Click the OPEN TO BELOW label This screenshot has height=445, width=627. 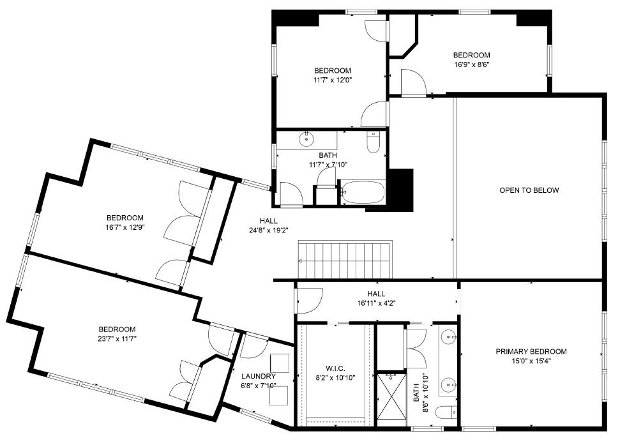(529, 190)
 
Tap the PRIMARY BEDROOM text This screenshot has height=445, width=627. (531, 352)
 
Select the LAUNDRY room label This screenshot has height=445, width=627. (259, 377)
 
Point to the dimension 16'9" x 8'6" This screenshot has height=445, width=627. (471, 64)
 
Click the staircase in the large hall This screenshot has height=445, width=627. (345, 260)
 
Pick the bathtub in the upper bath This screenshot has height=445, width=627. (362, 192)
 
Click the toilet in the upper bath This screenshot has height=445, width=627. (374, 142)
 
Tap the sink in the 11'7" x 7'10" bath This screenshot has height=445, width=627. (307, 139)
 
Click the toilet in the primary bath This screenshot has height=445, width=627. (445, 413)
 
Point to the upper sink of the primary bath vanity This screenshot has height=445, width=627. (450, 336)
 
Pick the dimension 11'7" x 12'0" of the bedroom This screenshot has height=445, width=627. (333, 80)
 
